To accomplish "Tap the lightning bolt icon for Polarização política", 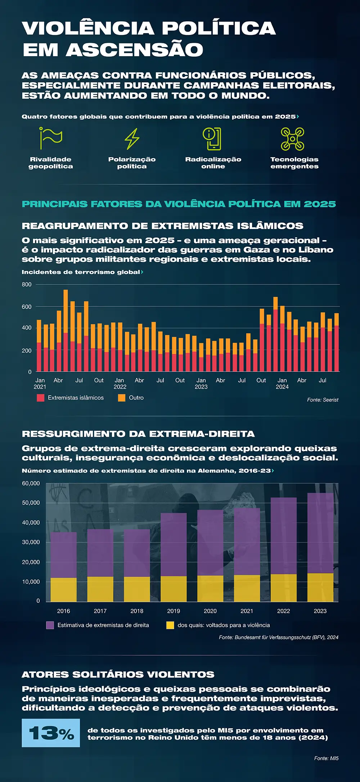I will [132, 139].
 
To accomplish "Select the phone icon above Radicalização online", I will [212, 139].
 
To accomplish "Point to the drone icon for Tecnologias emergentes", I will [292, 139].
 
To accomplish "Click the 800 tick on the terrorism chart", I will [27, 284].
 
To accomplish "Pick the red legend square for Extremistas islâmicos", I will [40, 398].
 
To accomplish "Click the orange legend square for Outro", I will [122, 398].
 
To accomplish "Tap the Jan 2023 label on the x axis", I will [201, 383].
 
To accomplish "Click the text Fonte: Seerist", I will [323, 400].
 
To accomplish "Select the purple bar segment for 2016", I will [63, 554].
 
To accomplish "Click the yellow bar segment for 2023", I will [320, 587].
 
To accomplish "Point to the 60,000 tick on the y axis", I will [31, 484].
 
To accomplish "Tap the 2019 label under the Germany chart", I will [174, 611].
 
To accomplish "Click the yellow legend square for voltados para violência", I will [170, 625].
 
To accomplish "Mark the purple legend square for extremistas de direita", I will [50, 625].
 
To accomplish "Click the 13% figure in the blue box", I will [51, 733].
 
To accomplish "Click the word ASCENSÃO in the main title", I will [134, 50].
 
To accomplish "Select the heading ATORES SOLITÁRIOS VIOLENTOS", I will [118, 674].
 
